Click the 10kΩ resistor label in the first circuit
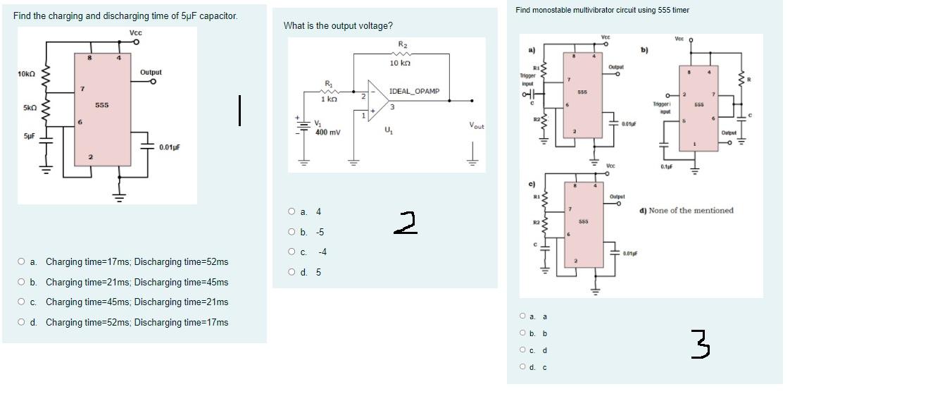(27, 74)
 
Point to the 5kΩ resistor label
(29, 108)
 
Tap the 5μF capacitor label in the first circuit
(29, 136)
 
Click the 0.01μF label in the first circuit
(170, 147)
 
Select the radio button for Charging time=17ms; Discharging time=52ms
(23, 262)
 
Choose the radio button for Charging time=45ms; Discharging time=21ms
(23, 302)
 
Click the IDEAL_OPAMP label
(414, 92)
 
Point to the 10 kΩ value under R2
(400, 63)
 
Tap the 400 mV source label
(327, 132)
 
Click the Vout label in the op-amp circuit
(477, 125)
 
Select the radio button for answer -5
(291, 232)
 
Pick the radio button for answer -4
(291, 252)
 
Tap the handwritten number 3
(700, 345)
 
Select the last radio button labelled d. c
(522, 366)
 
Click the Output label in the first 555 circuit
(151, 73)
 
